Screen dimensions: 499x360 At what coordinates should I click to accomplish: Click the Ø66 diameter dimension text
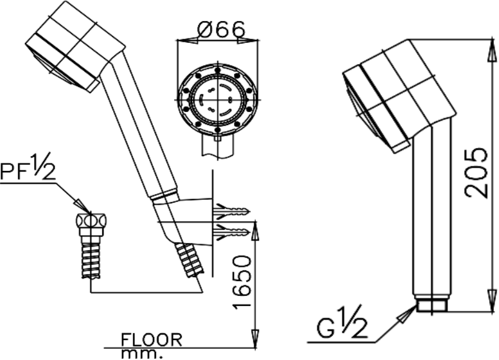point(221,29)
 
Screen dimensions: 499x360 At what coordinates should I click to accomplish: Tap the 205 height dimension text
point(476,172)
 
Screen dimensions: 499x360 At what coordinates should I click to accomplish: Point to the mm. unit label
point(142,353)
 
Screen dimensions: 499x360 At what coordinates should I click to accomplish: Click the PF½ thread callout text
point(28,168)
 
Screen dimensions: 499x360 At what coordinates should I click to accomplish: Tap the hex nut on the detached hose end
point(91,221)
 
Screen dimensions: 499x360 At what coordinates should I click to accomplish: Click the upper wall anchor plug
point(230,211)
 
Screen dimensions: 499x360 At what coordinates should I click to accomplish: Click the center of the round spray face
point(217,100)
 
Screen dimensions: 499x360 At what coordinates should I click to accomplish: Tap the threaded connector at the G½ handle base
point(431,305)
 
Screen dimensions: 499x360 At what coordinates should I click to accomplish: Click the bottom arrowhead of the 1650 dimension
point(255,338)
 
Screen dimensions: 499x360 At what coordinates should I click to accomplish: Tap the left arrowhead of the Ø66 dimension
point(188,40)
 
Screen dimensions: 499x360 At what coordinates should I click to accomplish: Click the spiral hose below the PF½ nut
point(91,260)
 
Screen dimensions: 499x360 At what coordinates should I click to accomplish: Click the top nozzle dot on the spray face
point(217,71)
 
